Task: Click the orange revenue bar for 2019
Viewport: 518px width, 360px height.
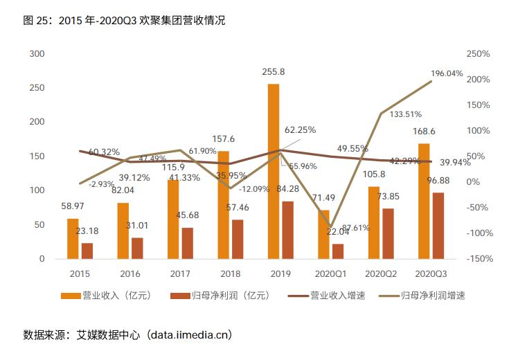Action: [x=274, y=171]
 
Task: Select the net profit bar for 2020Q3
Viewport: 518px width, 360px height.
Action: [x=438, y=225]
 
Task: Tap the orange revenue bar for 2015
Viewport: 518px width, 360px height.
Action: [x=73, y=238]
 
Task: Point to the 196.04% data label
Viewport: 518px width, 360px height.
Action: [x=447, y=73]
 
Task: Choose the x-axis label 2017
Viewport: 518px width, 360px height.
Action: [x=180, y=273]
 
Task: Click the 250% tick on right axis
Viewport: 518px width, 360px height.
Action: [x=478, y=54]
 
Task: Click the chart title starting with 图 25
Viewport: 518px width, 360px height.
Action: [x=125, y=21]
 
